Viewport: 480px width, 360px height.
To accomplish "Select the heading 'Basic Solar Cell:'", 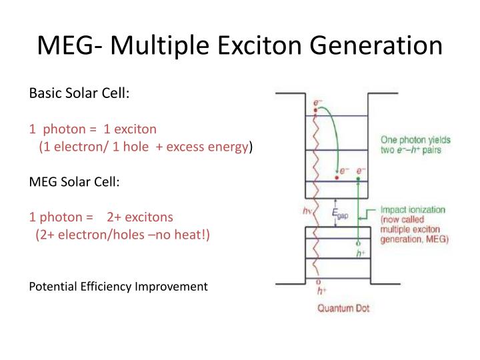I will click(x=79, y=93).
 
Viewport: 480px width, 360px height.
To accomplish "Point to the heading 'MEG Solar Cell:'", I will click(x=75, y=181).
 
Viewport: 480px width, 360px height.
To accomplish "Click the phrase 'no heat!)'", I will click(x=187, y=234).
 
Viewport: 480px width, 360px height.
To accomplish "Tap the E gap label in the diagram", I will click(x=340, y=214).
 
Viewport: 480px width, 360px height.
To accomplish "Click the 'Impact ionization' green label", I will click(x=412, y=209).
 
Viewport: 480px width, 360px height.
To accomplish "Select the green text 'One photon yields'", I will click(x=415, y=140).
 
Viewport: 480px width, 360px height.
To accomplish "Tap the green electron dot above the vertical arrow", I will click(x=361, y=178).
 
